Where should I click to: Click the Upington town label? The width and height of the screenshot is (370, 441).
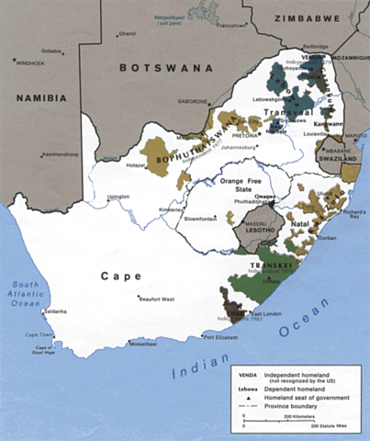tap(119, 197)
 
